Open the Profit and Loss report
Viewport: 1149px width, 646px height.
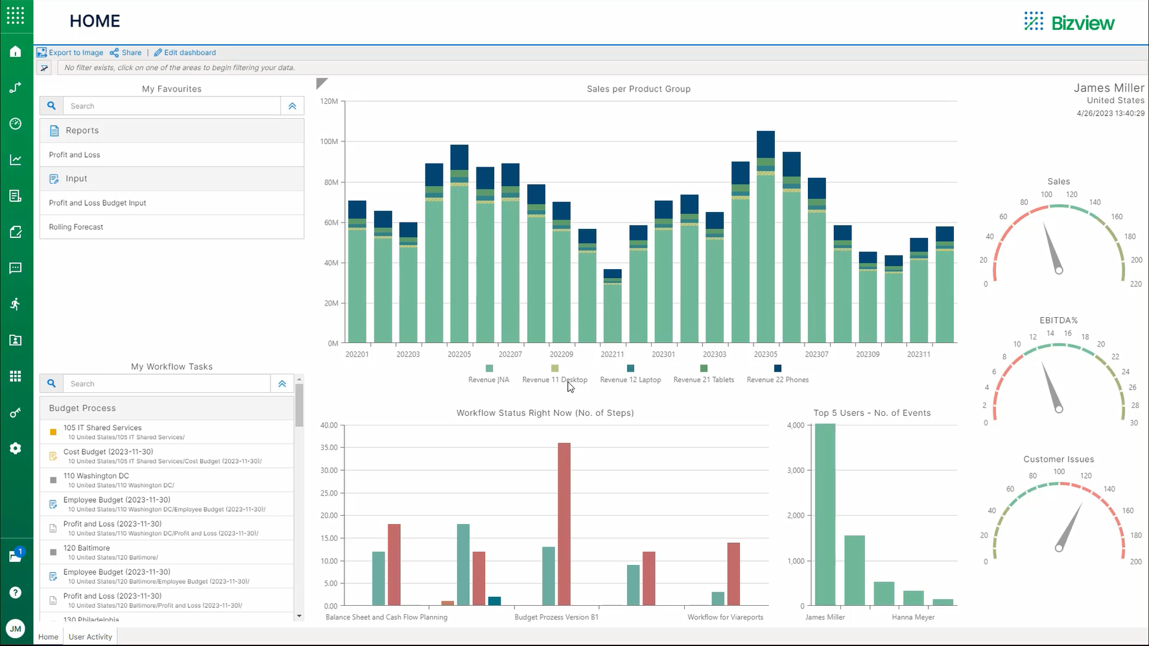[x=75, y=155]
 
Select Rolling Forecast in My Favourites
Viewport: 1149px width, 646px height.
[x=76, y=227]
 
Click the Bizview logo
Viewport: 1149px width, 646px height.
[x=1069, y=23]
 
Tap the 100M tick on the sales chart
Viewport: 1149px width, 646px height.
[x=329, y=141]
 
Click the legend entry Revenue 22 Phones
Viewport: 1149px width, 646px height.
[x=777, y=379]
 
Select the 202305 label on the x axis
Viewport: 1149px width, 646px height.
[x=765, y=354]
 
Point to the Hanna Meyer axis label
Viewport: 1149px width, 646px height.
[x=913, y=617]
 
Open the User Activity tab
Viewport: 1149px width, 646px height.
[x=90, y=637]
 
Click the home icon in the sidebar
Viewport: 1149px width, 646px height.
[x=16, y=52]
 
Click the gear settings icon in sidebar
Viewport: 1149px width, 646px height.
[x=16, y=448]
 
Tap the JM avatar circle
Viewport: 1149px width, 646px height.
[x=16, y=628]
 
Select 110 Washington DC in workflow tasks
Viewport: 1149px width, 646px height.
[x=96, y=476]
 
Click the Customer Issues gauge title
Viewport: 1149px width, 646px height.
[x=1058, y=459]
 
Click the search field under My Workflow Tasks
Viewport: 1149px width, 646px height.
[x=166, y=384]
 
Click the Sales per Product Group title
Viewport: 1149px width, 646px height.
[x=638, y=89]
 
